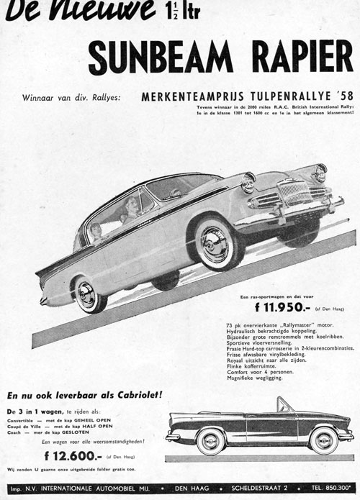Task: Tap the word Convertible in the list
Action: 22,419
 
